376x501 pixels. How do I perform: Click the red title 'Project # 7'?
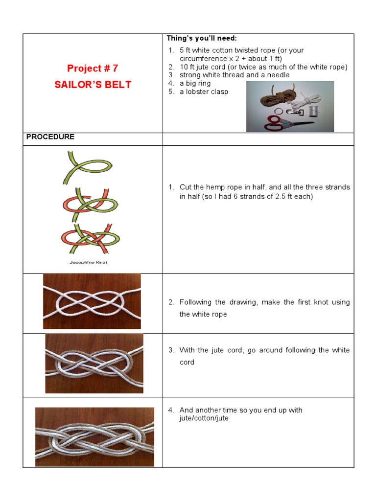tap(93, 68)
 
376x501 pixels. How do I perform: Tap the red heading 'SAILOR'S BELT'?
tap(93, 85)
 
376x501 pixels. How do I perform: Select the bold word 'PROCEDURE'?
tap(50, 137)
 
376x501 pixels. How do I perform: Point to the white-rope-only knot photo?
tap(92, 301)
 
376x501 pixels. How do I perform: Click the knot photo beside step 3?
tap(94, 364)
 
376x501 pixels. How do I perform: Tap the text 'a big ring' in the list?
tap(195, 83)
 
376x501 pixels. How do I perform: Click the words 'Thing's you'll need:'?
tap(202, 38)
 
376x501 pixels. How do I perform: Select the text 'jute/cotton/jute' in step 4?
tap(204, 418)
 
